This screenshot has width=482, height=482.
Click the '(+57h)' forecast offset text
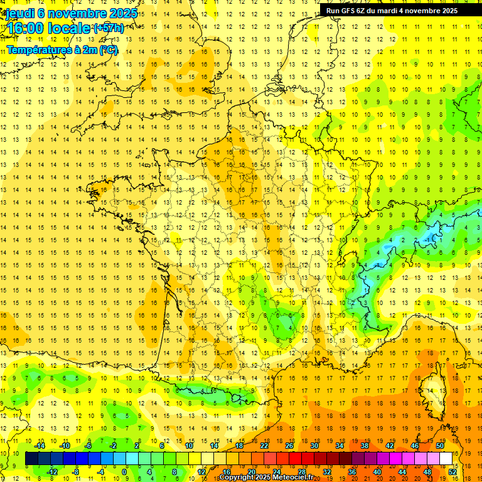108,28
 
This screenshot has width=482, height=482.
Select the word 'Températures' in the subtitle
37,50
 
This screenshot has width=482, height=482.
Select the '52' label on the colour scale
453,471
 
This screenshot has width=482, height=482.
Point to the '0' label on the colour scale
124,471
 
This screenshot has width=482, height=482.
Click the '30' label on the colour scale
314,446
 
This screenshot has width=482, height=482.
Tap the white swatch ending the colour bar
446,459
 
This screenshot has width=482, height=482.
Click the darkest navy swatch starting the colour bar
31,459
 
